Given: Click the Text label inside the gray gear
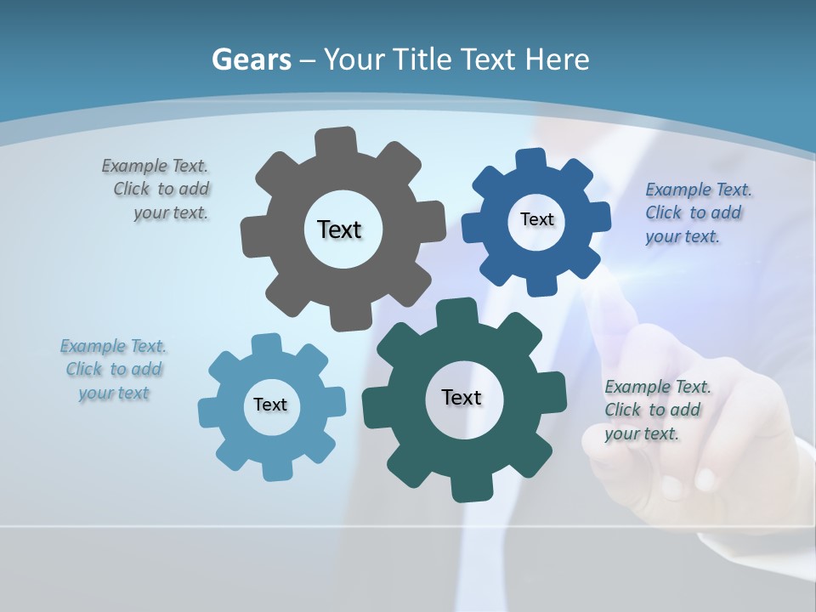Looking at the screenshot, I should (x=339, y=229).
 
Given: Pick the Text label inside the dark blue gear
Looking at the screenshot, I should (x=536, y=219).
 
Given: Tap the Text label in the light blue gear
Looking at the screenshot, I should (x=270, y=405).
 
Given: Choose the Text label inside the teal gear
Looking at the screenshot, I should (x=462, y=397).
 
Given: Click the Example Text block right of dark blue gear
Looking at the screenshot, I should (x=697, y=213).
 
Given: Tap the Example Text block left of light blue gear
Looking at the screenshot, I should (x=114, y=370).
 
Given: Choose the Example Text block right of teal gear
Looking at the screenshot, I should (x=656, y=410).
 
